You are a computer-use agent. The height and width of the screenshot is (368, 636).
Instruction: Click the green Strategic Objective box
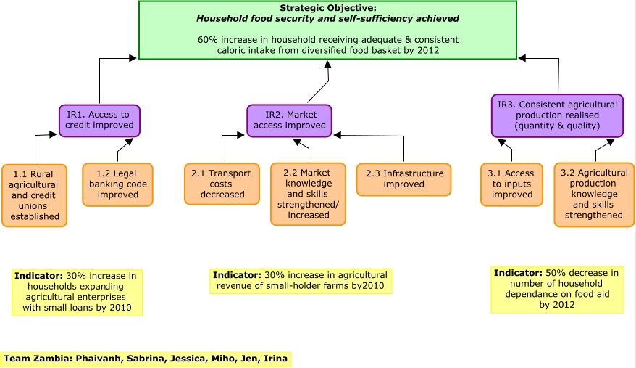point(327,30)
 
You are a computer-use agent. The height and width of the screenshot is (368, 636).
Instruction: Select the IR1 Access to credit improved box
point(99,120)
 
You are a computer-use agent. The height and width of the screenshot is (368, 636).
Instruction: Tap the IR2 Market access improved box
point(289,120)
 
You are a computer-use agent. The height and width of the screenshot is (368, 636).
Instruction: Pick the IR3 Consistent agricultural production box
point(557,115)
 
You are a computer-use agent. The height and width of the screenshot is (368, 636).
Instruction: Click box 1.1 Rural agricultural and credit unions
point(35,195)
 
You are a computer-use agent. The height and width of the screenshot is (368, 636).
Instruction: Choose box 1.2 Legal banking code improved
point(117,184)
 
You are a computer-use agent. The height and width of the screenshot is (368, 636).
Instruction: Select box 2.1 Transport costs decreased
point(222,184)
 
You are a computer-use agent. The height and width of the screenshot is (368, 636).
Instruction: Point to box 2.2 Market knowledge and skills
point(308,194)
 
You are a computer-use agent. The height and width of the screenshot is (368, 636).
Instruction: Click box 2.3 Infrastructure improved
point(403,179)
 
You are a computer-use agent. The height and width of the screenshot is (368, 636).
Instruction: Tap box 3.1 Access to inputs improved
point(511,184)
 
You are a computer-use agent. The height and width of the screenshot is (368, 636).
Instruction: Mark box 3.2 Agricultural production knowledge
point(594,195)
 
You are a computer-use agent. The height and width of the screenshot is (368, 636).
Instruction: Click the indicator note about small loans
point(77,292)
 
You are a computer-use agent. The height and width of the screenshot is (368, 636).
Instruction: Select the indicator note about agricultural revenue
point(301,281)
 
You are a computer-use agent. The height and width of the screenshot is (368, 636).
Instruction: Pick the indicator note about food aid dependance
point(556,289)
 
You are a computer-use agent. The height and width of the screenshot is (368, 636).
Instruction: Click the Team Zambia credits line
point(146,359)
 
